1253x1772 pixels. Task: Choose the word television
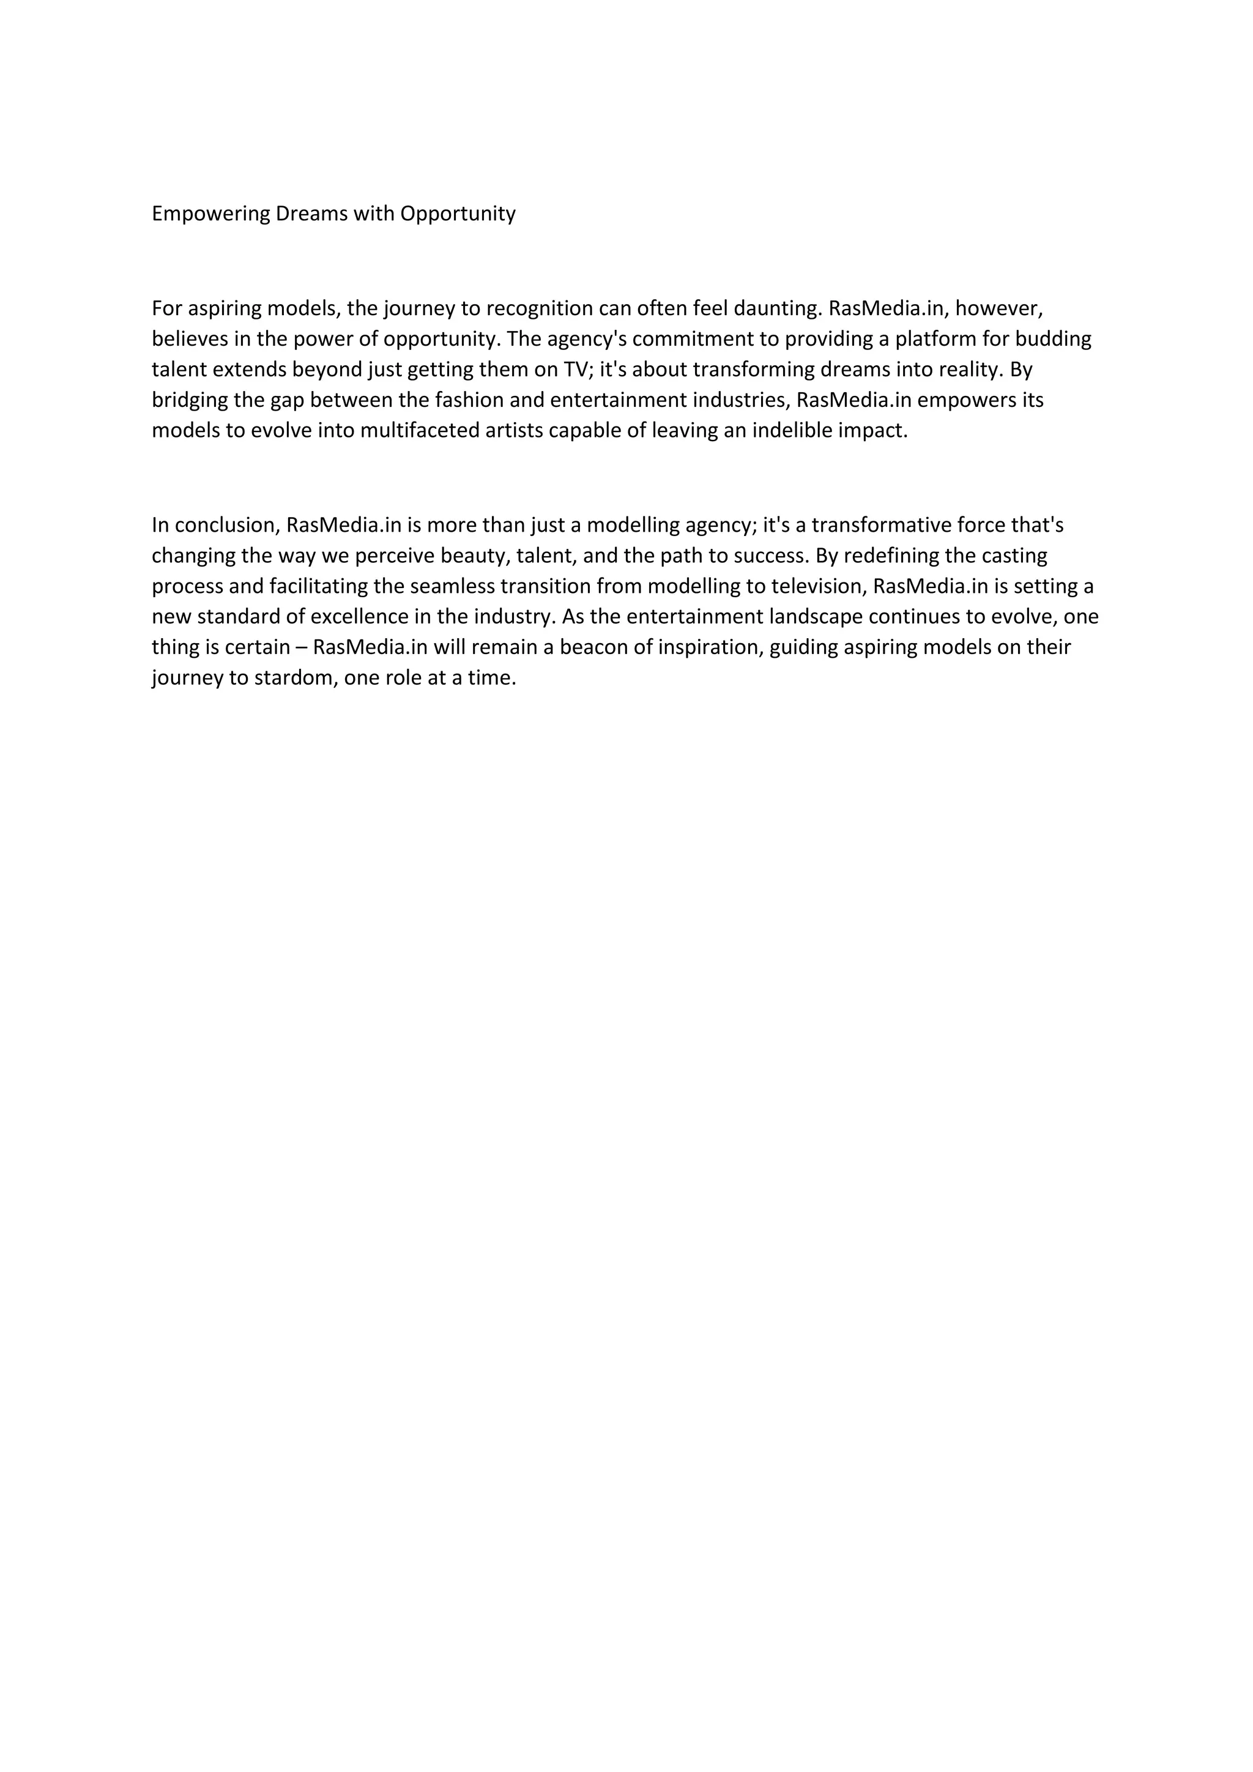click(819, 587)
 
